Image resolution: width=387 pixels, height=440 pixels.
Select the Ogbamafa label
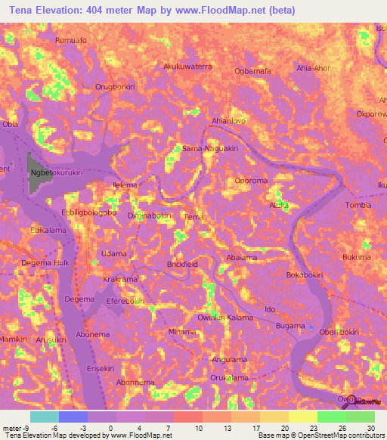coord(252,71)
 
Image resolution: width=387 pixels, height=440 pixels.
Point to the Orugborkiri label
coord(115,87)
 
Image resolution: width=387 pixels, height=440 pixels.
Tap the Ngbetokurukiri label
coord(57,172)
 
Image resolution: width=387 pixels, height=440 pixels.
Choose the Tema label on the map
coord(194,217)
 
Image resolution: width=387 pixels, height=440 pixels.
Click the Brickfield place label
coord(182,264)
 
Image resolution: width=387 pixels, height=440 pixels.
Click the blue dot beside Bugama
coord(311,327)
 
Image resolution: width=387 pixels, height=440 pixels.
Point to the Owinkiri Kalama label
coord(225,318)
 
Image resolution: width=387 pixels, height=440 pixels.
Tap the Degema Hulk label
coord(48,262)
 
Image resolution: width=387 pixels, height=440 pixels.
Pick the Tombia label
coord(358,205)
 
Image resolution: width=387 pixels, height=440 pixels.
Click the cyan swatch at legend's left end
coord(45,417)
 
